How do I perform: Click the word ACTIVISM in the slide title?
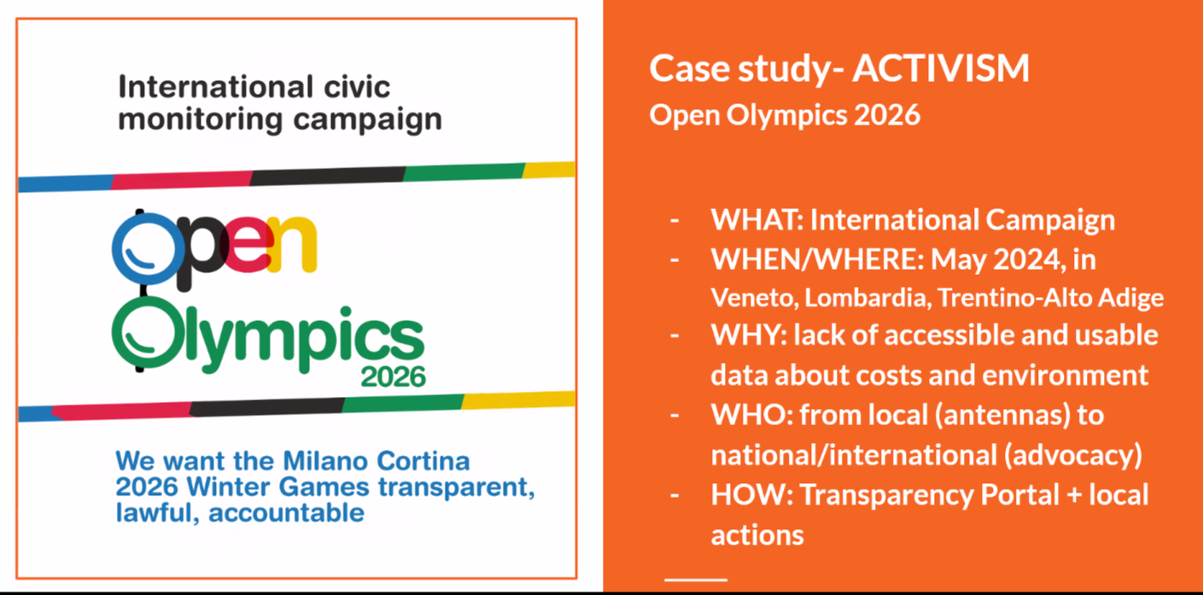click(941, 69)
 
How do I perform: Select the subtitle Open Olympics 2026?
click(785, 115)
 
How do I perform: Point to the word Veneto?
click(755, 298)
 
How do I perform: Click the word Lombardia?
click(867, 298)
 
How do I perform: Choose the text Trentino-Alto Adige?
click(1050, 298)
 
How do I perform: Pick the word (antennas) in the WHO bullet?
click(1002, 415)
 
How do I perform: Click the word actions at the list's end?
click(757, 535)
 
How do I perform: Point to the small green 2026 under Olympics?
click(393, 377)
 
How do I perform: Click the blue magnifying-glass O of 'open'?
click(147, 249)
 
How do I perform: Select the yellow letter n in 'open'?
click(292, 244)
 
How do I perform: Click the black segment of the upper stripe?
click(328, 176)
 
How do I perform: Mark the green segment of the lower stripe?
click(403, 403)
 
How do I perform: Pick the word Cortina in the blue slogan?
click(423, 461)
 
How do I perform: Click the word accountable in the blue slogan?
click(286, 513)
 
